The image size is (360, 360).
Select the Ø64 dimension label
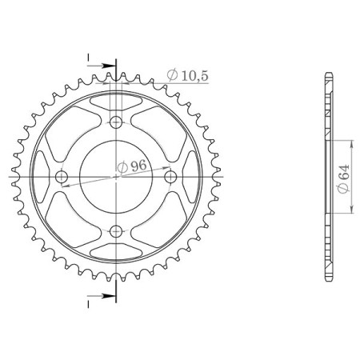click(341, 178)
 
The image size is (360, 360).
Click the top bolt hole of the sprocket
click(116, 122)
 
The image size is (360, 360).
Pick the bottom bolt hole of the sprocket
click(116, 231)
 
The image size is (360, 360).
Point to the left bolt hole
click(62, 177)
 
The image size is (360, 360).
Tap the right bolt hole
click(170, 177)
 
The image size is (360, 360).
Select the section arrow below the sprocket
click(102, 298)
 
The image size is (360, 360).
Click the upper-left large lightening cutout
click(74, 134)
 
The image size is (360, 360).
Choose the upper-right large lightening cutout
click(158, 134)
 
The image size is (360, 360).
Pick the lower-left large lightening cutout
click(74, 219)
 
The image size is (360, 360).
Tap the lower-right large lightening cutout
click(158, 219)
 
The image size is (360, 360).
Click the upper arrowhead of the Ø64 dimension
click(350, 142)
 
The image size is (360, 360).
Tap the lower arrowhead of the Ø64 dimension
click(350, 214)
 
